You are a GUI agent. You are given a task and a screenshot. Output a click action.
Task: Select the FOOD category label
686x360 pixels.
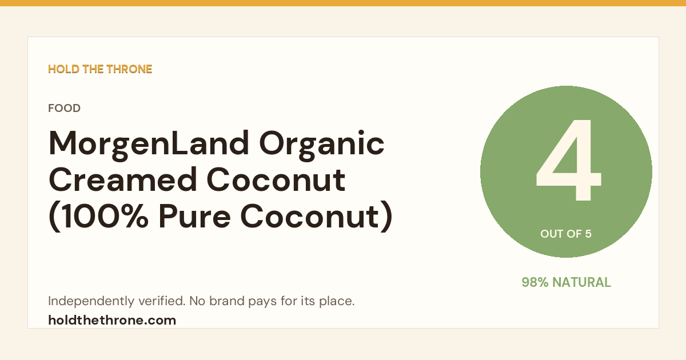(x=64, y=108)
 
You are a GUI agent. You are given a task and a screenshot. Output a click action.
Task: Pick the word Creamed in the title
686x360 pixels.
(x=122, y=179)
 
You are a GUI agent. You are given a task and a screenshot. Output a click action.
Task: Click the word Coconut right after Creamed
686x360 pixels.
(x=276, y=179)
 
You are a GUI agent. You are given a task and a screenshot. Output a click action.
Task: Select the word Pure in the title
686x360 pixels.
(x=194, y=217)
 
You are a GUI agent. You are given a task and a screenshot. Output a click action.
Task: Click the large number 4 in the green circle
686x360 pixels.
(x=568, y=160)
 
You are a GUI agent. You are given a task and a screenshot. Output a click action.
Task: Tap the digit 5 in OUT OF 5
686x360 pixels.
(x=588, y=234)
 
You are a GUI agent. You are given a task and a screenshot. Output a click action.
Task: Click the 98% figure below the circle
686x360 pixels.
(x=535, y=282)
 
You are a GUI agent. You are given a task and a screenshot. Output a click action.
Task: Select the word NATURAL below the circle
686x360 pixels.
(x=581, y=282)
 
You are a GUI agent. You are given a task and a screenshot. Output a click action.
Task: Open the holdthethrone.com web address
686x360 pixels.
(x=112, y=320)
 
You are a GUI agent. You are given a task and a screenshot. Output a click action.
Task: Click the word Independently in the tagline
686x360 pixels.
(x=91, y=301)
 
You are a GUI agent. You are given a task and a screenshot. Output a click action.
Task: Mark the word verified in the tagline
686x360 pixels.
(x=162, y=301)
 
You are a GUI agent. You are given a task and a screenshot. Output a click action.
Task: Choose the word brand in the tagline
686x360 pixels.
(x=226, y=301)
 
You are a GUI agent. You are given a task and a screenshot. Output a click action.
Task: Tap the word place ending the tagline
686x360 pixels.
(x=337, y=301)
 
